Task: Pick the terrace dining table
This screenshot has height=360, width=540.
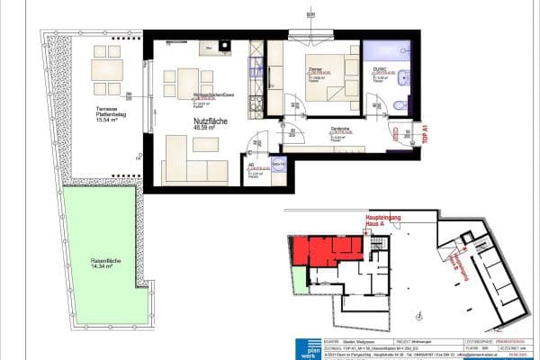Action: point(108,69)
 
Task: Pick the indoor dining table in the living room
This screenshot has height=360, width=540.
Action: point(187,78)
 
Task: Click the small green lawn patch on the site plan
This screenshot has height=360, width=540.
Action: point(294,283)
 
